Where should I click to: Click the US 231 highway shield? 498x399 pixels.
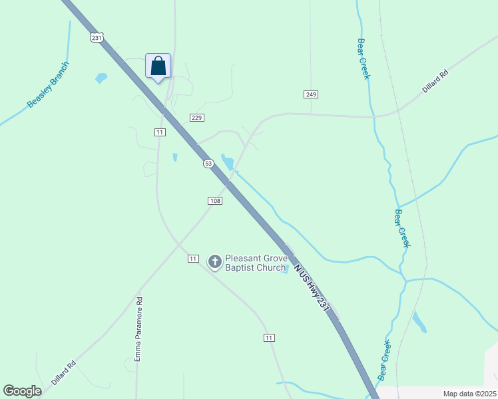coord(97,38)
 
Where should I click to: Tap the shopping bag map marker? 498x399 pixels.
coord(158,66)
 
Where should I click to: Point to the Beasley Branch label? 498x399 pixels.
coord(47,85)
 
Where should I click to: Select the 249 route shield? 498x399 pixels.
coord(311,94)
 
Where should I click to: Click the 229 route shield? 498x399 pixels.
coord(196,118)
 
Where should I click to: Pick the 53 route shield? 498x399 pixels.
coord(208,163)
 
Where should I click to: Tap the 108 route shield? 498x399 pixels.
coord(214,201)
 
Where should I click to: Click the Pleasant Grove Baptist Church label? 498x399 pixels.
coord(255,263)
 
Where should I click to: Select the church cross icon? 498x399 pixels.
coord(214,262)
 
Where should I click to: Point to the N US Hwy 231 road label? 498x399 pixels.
coord(311,287)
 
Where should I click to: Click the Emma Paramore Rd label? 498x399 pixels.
coord(138,329)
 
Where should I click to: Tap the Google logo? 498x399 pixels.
coord(22,391)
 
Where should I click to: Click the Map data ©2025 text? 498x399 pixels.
coord(469,394)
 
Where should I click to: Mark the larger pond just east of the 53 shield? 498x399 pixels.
coord(228,162)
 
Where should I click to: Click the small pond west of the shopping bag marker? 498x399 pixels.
coord(101,78)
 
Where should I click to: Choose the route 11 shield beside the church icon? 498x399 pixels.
coord(193,258)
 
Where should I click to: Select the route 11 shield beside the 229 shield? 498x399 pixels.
coord(159,132)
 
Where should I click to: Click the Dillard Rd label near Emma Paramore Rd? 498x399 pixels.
coord(64,372)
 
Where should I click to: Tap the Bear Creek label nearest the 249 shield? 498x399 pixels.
coord(363,59)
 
